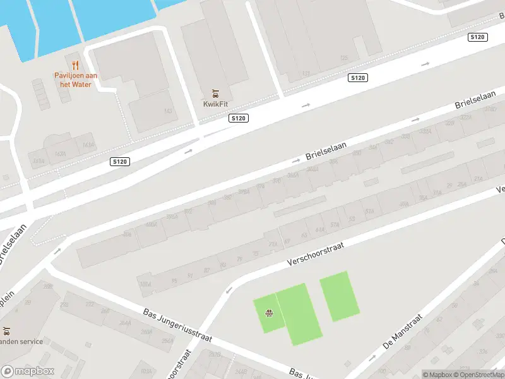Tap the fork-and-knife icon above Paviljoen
[x=75, y=64]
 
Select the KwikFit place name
[x=215, y=104]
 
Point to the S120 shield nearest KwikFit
[x=239, y=118]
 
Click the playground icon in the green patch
[x=270, y=312]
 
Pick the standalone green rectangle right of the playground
[x=339, y=295]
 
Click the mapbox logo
[x=27, y=371]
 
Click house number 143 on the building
[x=167, y=111]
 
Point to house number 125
[x=344, y=58]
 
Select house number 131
[x=306, y=74]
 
